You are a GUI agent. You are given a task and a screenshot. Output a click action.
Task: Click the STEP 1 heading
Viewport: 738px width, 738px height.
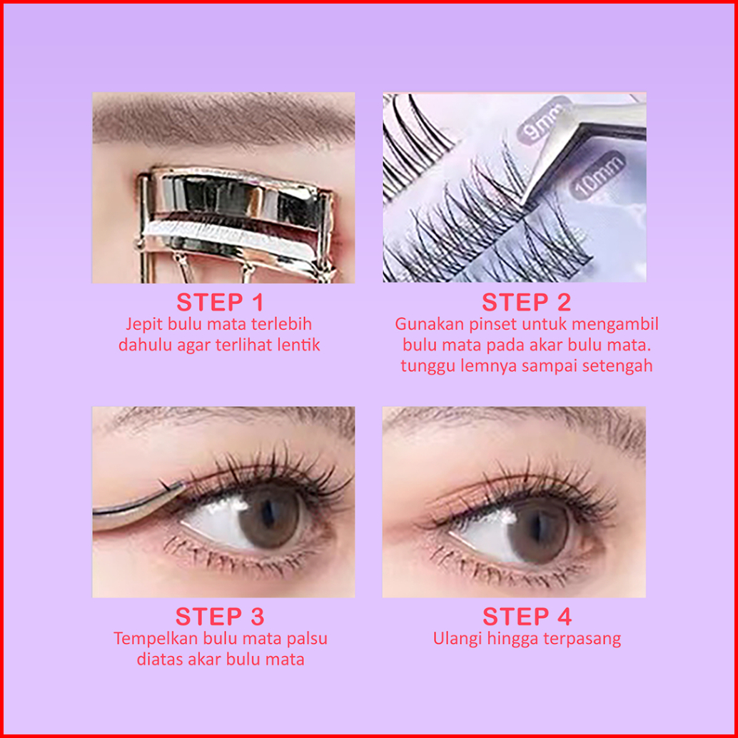[x=220, y=303]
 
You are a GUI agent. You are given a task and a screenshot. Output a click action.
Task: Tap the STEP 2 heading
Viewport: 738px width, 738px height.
[x=526, y=303]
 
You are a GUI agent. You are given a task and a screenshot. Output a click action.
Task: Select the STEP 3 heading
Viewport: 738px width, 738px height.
[x=220, y=617]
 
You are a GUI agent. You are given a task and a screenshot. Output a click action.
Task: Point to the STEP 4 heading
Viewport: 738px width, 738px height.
[x=527, y=617]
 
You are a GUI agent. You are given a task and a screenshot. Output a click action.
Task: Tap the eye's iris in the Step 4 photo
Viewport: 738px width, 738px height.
[x=540, y=530]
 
